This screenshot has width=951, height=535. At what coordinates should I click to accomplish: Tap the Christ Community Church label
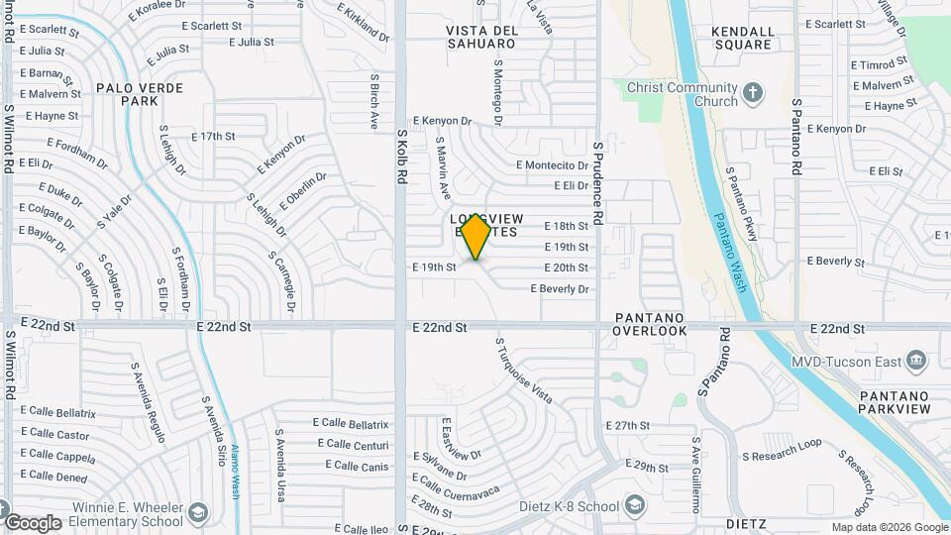[683, 94]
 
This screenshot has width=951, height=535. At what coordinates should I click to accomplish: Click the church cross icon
[754, 94]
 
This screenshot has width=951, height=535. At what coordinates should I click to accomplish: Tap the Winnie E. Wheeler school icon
[198, 512]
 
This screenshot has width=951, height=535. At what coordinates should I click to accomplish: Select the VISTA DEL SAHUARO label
[481, 37]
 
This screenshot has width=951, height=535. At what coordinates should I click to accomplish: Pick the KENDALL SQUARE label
[742, 38]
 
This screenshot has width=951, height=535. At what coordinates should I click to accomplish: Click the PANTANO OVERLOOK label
[649, 323]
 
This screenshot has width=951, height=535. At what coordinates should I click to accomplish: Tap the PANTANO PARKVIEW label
[895, 402]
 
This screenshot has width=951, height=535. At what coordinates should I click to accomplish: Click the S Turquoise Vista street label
[523, 370]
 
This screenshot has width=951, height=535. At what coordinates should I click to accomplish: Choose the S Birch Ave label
[374, 101]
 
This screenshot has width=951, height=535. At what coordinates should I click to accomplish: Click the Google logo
[33, 522]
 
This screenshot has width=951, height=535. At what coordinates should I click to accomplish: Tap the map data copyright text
[889, 528]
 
